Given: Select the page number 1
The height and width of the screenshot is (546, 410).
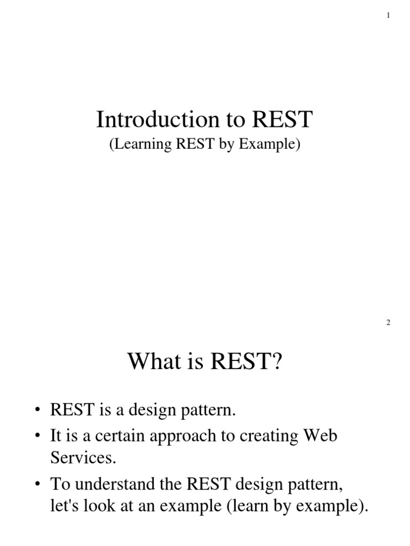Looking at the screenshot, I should click(x=389, y=15).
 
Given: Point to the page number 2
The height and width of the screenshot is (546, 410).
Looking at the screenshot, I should click(x=389, y=323).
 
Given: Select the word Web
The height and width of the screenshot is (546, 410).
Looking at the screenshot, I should click(x=321, y=436).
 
